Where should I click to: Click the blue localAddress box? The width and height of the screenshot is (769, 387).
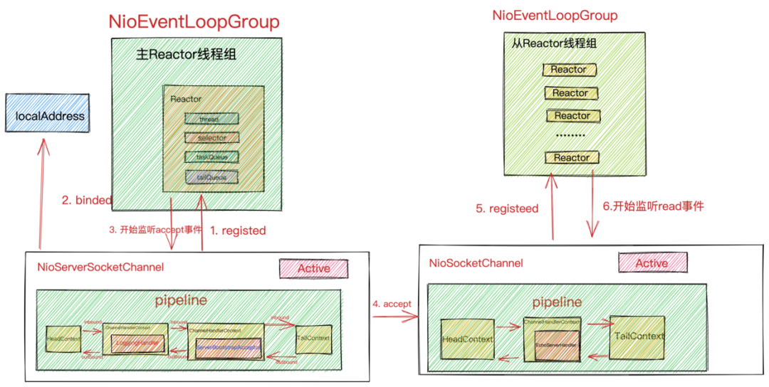click(x=44, y=116)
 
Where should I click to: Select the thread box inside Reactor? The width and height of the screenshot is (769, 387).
click(x=211, y=119)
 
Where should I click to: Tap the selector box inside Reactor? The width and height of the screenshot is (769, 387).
click(x=211, y=137)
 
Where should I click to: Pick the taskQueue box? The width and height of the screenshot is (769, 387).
click(x=211, y=157)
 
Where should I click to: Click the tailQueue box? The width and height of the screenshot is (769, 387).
click(x=211, y=177)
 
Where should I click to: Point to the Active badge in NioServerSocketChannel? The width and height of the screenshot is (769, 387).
click(x=313, y=268)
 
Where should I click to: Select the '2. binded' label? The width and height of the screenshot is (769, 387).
click(x=87, y=201)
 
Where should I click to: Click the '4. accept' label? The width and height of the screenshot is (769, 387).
click(x=392, y=304)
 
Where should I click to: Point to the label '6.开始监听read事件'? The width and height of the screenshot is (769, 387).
click(x=653, y=206)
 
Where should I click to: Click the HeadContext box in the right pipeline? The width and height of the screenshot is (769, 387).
click(x=467, y=339)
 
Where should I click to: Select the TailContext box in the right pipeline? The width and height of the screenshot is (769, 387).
click(x=638, y=336)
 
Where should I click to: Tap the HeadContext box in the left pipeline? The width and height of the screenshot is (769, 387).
click(x=63, y=339)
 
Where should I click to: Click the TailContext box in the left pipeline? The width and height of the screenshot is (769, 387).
click(x=313, y=339)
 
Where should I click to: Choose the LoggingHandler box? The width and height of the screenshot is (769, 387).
click(x=136, y=344)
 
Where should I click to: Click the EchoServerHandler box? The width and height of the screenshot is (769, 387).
click(x=555, y=344)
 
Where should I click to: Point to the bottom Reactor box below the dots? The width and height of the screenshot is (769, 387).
click(x=571, y=158)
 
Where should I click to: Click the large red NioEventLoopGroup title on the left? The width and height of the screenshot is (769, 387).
click(x=194, y=21)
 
